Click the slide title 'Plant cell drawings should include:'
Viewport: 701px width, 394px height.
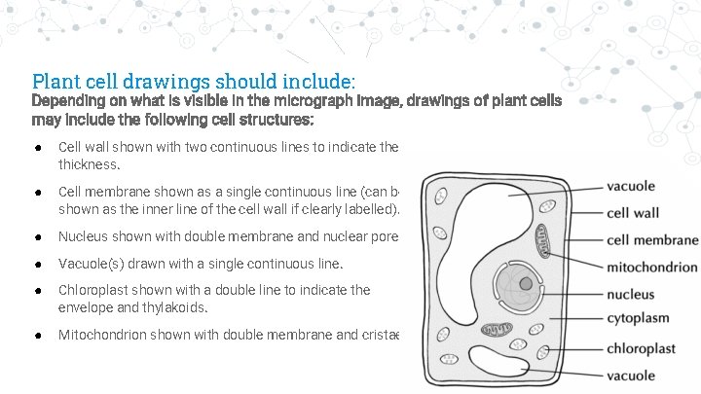point(194,80)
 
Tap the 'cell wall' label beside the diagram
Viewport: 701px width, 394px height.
point(632,213)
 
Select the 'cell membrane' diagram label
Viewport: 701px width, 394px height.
point(652,240)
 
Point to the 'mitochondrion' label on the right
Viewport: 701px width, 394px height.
point(651,267)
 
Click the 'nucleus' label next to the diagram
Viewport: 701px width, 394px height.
point(630,294)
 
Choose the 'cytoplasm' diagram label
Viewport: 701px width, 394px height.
point(638,318)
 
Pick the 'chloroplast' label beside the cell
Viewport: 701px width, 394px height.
point(641,348)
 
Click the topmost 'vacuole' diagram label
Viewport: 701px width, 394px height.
point(631,186)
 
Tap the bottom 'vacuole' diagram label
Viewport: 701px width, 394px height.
point(631,376)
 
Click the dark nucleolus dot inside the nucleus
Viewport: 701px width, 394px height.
point(526,284)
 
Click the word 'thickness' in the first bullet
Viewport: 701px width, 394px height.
point(90,165)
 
